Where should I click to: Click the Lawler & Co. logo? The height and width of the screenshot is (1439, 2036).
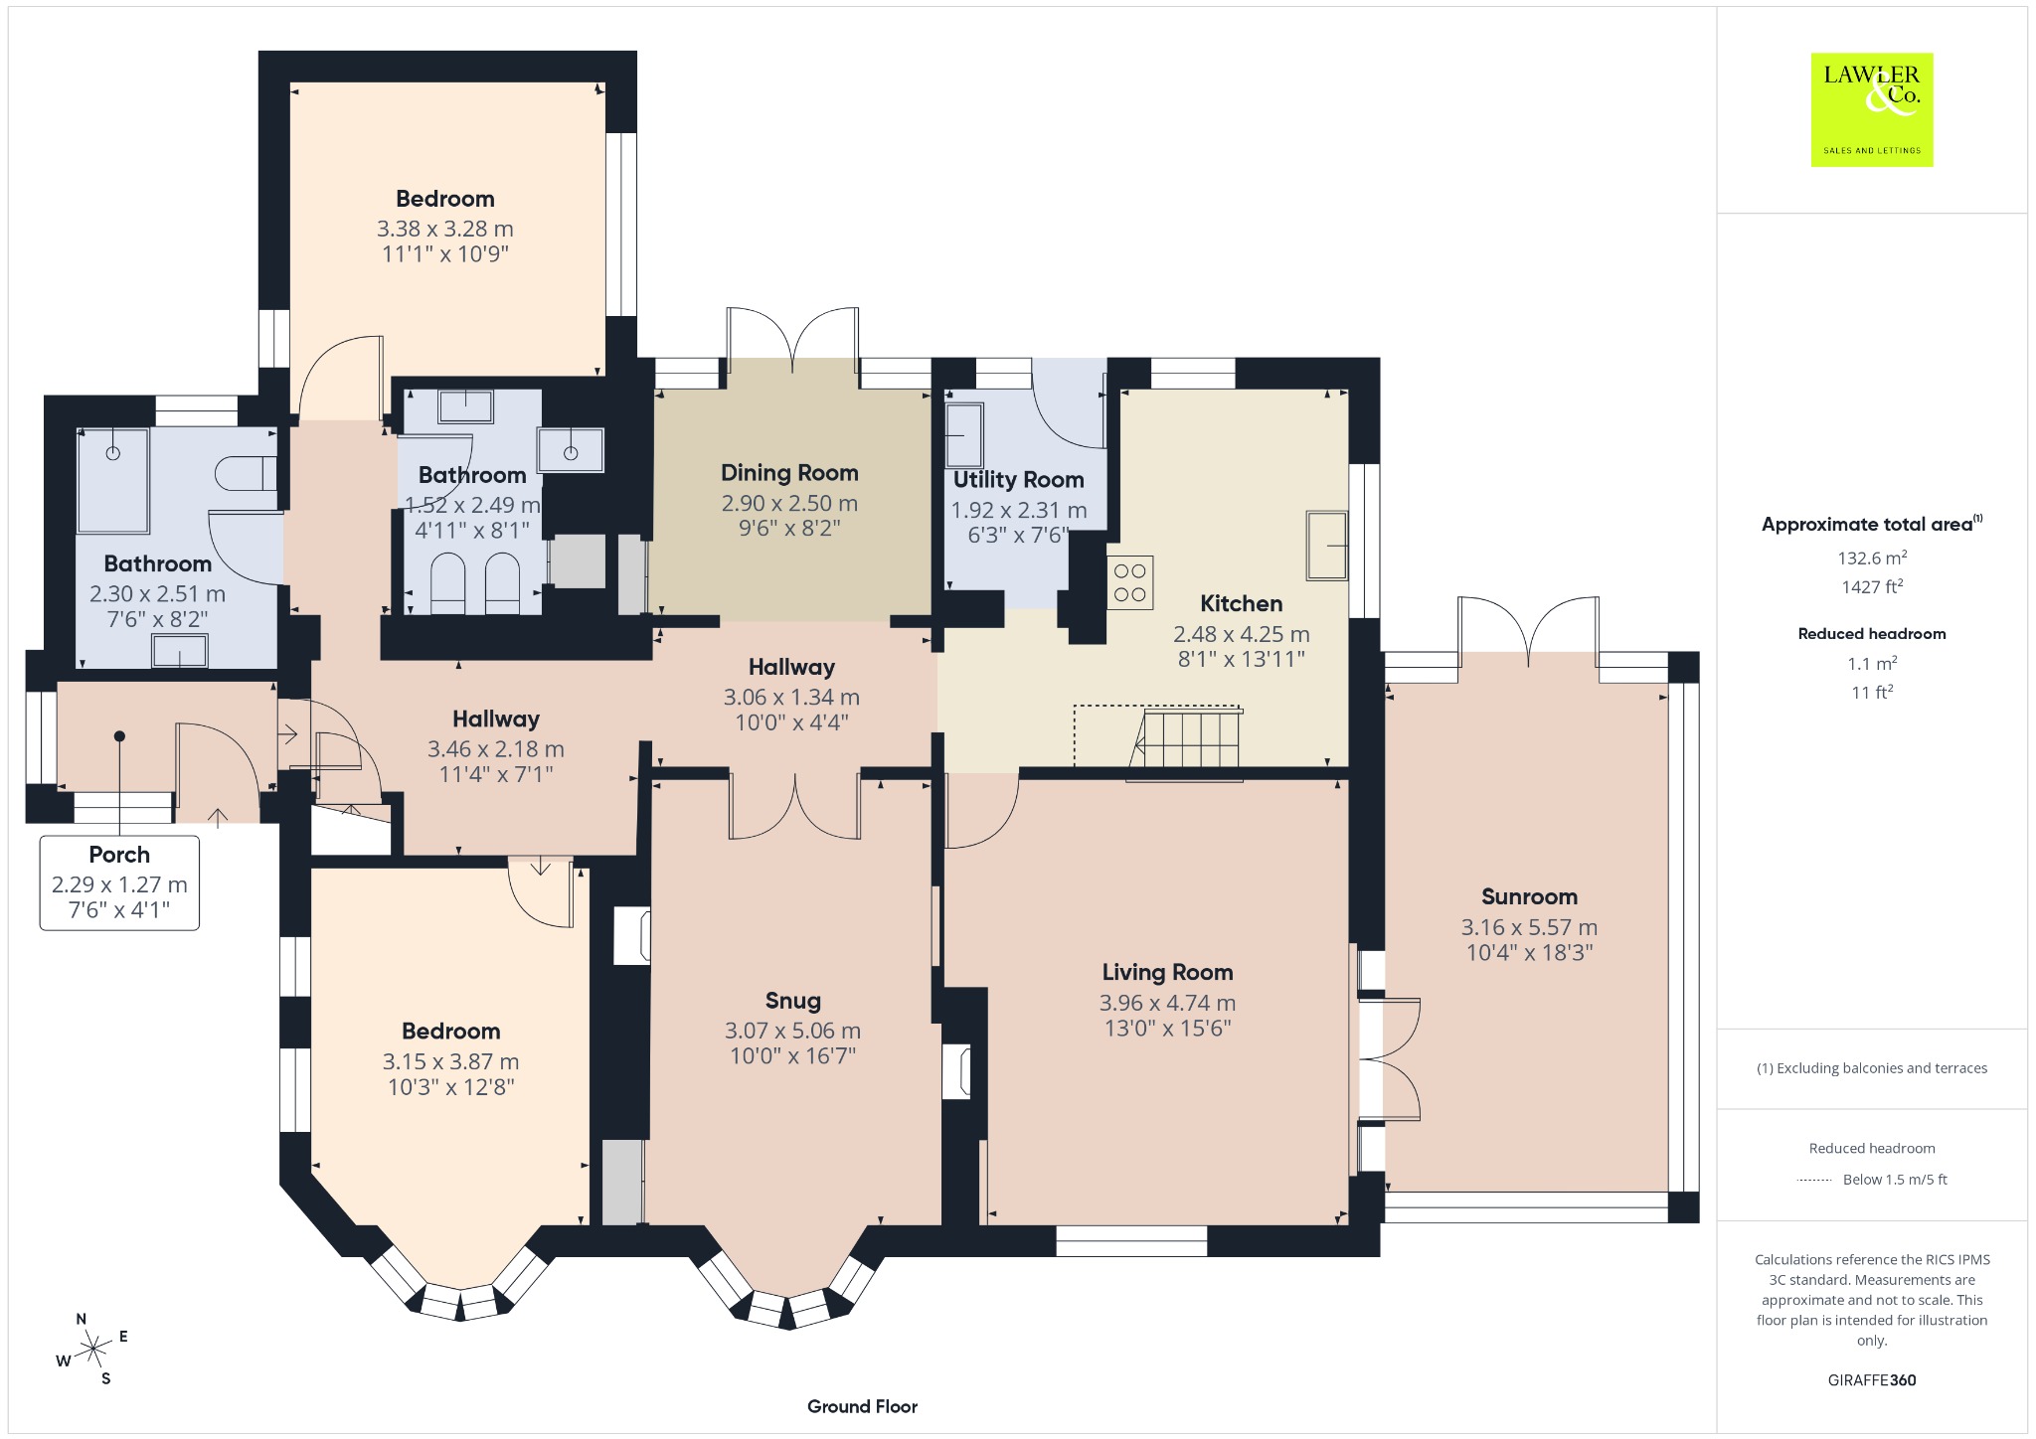pyautogui.click(x=1872, y=109)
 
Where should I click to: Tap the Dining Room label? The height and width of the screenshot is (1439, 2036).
pyautogui.click(x=789, y=473)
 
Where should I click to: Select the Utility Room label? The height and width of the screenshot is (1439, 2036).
pyautogui.click(x=1018, y=480)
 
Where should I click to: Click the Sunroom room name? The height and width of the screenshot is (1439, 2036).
pyautogui.click(x=1529, y=896)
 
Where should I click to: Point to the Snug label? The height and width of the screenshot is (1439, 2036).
pyautogui.click(x=793, y=1001)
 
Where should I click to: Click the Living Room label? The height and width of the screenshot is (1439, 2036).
pyautogui.click(x=1167, y=972)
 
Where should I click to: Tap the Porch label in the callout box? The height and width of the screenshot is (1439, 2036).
pyautogui.click(x=119, y=855)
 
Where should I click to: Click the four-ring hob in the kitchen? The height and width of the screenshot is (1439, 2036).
pyautogui.click(x=1130, y=581)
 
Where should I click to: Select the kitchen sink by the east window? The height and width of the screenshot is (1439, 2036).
pyautogui.click(x=1327, y=545)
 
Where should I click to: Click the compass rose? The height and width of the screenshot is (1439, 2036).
pyautogui.click(x=93, y=1349)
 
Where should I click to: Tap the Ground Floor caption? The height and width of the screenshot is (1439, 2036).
pyautogui.click(x=862, y=1406)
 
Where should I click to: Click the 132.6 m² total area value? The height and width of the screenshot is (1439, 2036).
pyautogui.click(x=1872, y=558)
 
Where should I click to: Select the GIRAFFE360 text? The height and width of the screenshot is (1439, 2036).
pyautogui.click(x=1872, y=1379)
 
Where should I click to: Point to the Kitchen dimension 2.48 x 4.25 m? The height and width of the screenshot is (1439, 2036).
pyautogui.click(x=1241, y=634)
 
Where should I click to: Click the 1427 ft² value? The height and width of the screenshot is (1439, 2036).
pyautogui.click(x=1872, y=586)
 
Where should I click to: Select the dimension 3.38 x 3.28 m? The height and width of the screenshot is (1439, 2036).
pyautogui.click(x=445, y=229)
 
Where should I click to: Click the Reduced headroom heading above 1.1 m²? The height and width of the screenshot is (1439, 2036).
pyautogui.click(x=1872, y=633)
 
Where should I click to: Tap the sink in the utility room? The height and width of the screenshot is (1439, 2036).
pyautogui.click(x=964, y=434)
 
